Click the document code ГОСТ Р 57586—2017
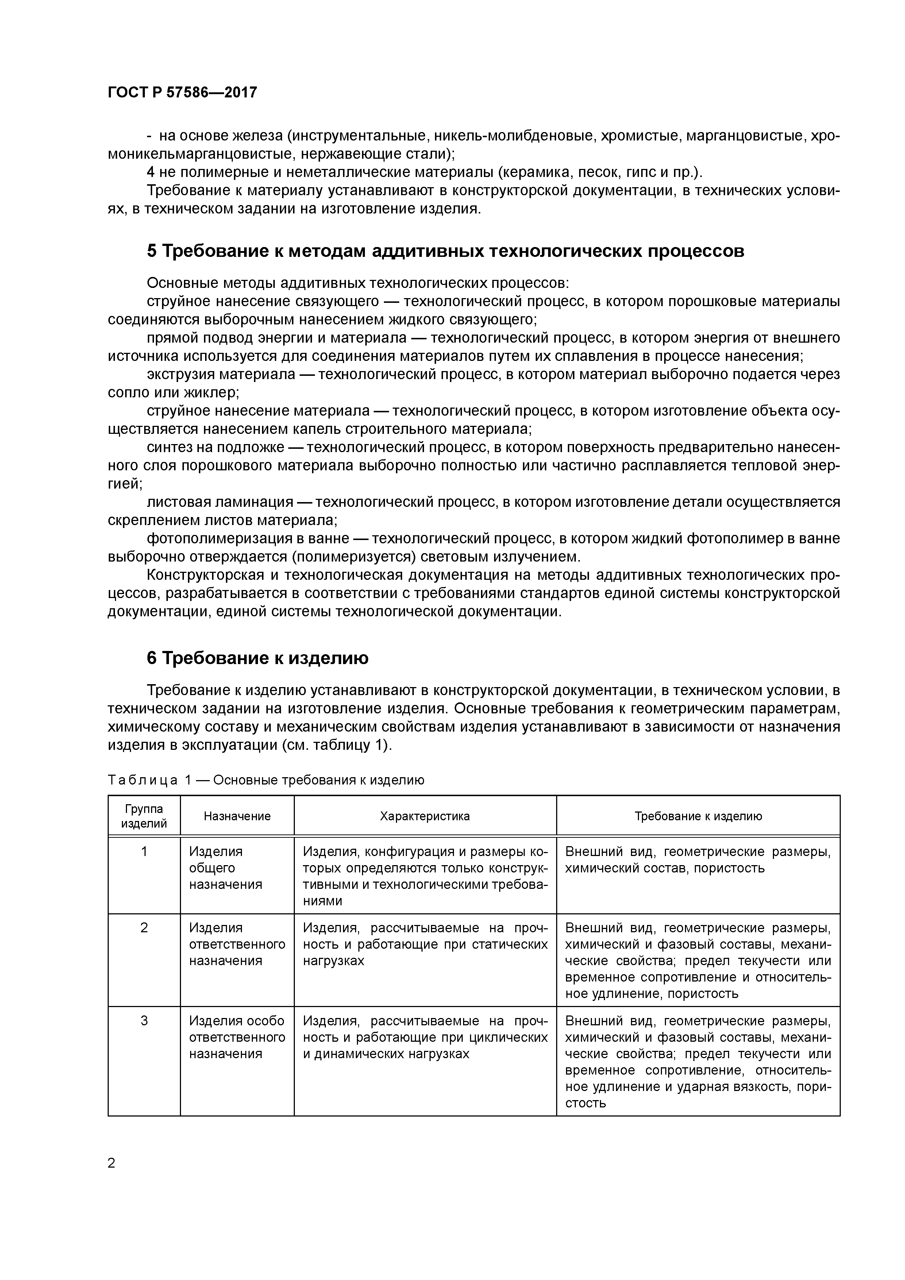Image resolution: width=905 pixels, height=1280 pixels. pyautogui.click(x=182, y=93)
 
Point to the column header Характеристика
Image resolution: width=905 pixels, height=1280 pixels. pyautogui.click(x=424, y=816)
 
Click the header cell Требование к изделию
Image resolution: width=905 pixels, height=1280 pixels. pyautogui.click(x=698, y=816)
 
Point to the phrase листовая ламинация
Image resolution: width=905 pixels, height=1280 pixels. pyautogui.click(x=220, y=502)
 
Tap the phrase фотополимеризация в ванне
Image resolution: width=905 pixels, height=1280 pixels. pyautogui.click(x=247, y=539)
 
